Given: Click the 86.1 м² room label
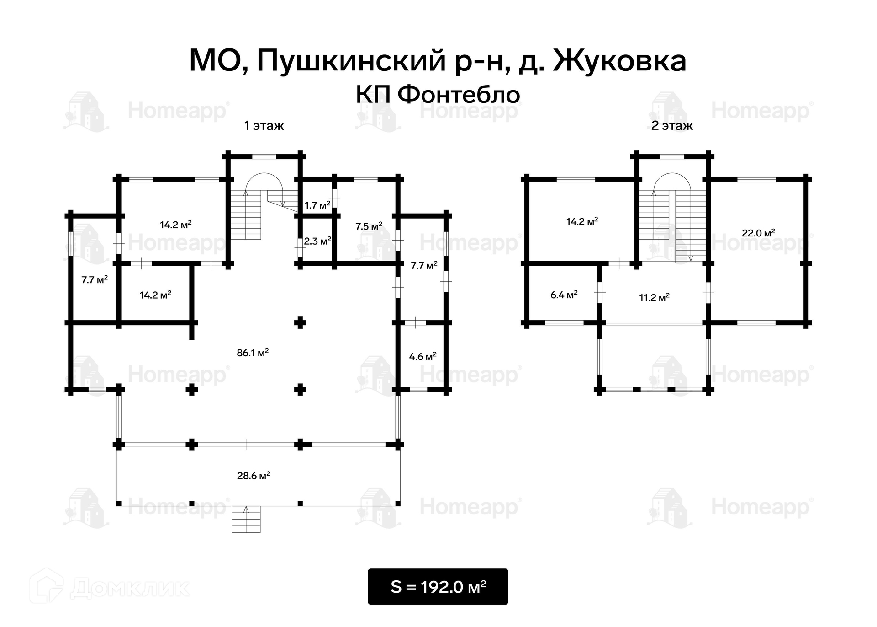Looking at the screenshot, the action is tap(253, 353).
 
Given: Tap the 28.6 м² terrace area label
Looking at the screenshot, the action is tap(254, 476).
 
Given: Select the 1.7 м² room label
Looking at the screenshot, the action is tap(317, 205).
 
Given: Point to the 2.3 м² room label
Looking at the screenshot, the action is tap(317, 241).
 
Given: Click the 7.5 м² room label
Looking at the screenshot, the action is tap(369, 226).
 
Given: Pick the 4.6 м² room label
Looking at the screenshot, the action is tap(423, 356).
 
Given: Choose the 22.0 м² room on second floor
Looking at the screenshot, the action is tap(758, 233).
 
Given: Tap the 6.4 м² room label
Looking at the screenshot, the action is tap(564, 295).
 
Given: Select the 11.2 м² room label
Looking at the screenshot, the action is tap(654, 298).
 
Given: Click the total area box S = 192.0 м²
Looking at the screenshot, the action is tap(438, 587).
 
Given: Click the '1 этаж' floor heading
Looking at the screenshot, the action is tap(264, 126).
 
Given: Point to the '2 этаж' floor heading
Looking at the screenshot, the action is tap(671, 126).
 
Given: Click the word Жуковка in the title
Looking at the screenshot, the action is tap(619, 62).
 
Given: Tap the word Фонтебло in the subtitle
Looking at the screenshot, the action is tap(459, 95).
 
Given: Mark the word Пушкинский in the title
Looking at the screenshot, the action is tap(351, 62).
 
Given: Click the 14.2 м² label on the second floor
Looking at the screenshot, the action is tap(582, 222).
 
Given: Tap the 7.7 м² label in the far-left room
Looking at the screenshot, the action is tap(95, 279).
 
